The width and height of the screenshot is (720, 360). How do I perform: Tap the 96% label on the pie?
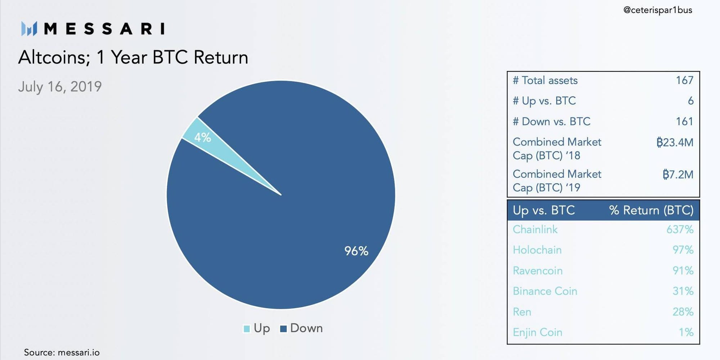(356, 251)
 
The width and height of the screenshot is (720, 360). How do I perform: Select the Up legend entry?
(257, 328)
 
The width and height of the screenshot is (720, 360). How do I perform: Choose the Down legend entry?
(301, 328)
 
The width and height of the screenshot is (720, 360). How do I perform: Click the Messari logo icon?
(29, 29)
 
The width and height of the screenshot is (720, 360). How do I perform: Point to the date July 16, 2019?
(60, 87)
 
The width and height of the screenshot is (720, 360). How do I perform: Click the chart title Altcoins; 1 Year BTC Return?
(133, 57)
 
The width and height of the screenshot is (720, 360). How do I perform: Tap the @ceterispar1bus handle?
(658, 10)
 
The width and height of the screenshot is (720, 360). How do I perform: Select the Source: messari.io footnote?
(62, 352)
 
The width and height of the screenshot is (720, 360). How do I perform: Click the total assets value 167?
(684, 80)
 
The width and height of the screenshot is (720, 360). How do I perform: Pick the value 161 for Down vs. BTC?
(684, 121)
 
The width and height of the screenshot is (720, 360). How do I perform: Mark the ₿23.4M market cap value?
(675, 142)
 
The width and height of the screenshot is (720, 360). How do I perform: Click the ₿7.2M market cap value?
(678, 175)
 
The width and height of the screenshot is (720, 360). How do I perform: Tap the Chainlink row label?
(535, 229)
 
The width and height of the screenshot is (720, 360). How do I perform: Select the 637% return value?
(680, 229)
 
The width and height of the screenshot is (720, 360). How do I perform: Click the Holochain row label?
(537, 250)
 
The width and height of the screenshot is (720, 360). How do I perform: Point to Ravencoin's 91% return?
(683, 270)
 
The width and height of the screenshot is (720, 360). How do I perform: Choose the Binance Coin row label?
(545, 291)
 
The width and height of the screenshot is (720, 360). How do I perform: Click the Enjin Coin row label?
(537, 332)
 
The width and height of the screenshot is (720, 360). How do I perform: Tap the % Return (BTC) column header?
(651, 210)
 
